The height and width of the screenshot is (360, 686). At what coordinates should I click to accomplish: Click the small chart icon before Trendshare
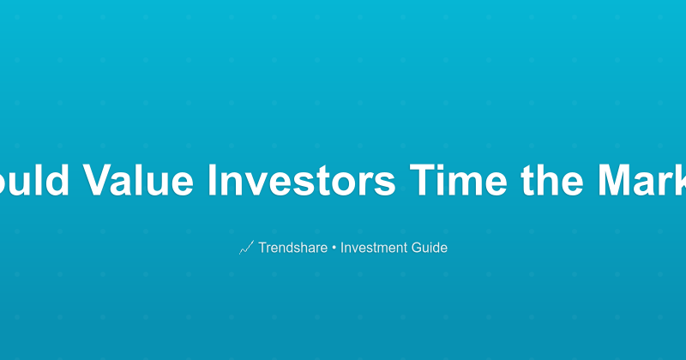pos(246,248)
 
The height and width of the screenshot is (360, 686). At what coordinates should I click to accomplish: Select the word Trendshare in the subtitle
pos(293,248)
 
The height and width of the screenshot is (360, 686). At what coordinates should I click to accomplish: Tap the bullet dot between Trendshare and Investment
pos(334,249)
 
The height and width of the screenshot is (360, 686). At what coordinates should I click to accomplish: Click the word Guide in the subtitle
pos(430,248)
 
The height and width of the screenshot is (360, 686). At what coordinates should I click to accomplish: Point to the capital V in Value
pos(97,181)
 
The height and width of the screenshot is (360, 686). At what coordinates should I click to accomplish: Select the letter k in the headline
pos(680,181)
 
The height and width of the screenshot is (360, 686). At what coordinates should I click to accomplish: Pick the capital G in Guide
pos(419,248)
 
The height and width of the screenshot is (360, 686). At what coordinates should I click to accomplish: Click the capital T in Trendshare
pos(263,248)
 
